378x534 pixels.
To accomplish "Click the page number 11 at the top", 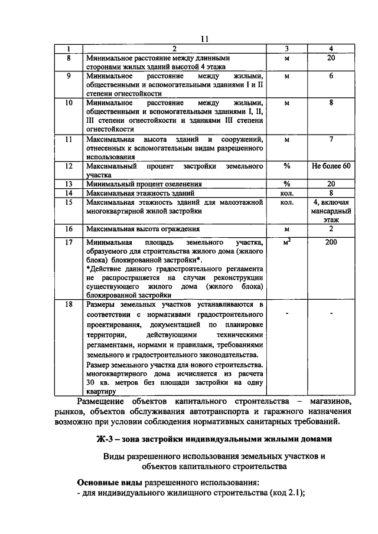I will (x=205, y=39).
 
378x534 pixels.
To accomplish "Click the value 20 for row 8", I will (x=331, y=58).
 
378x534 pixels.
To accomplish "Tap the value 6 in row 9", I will (x=331, y=76).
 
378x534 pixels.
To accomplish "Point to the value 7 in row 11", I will (x=331, y=139).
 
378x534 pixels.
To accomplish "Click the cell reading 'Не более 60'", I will (x=331, y=166).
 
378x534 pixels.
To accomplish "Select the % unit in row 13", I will (x=287, y=184).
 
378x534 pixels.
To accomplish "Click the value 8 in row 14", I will (x=331, y=192).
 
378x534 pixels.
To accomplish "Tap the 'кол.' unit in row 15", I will (x=287, y=202).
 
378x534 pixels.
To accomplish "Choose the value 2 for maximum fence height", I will (x=331, y=228).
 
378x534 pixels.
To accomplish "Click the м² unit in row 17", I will (x=287, y=242).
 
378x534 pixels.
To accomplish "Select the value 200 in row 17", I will (x=331, y=242).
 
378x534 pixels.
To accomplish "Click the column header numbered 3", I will (x=287, y=48).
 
